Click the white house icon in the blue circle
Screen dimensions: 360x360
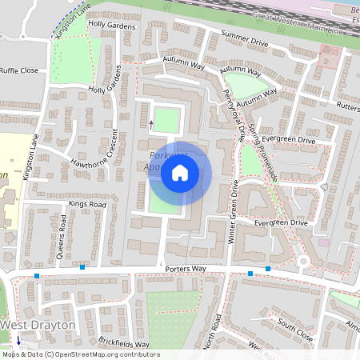click(180, 173)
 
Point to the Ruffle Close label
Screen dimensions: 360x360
click(19, 70)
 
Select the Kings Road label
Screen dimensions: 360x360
click(87, 205)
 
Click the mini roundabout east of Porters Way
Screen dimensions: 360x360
click(304, 262)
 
